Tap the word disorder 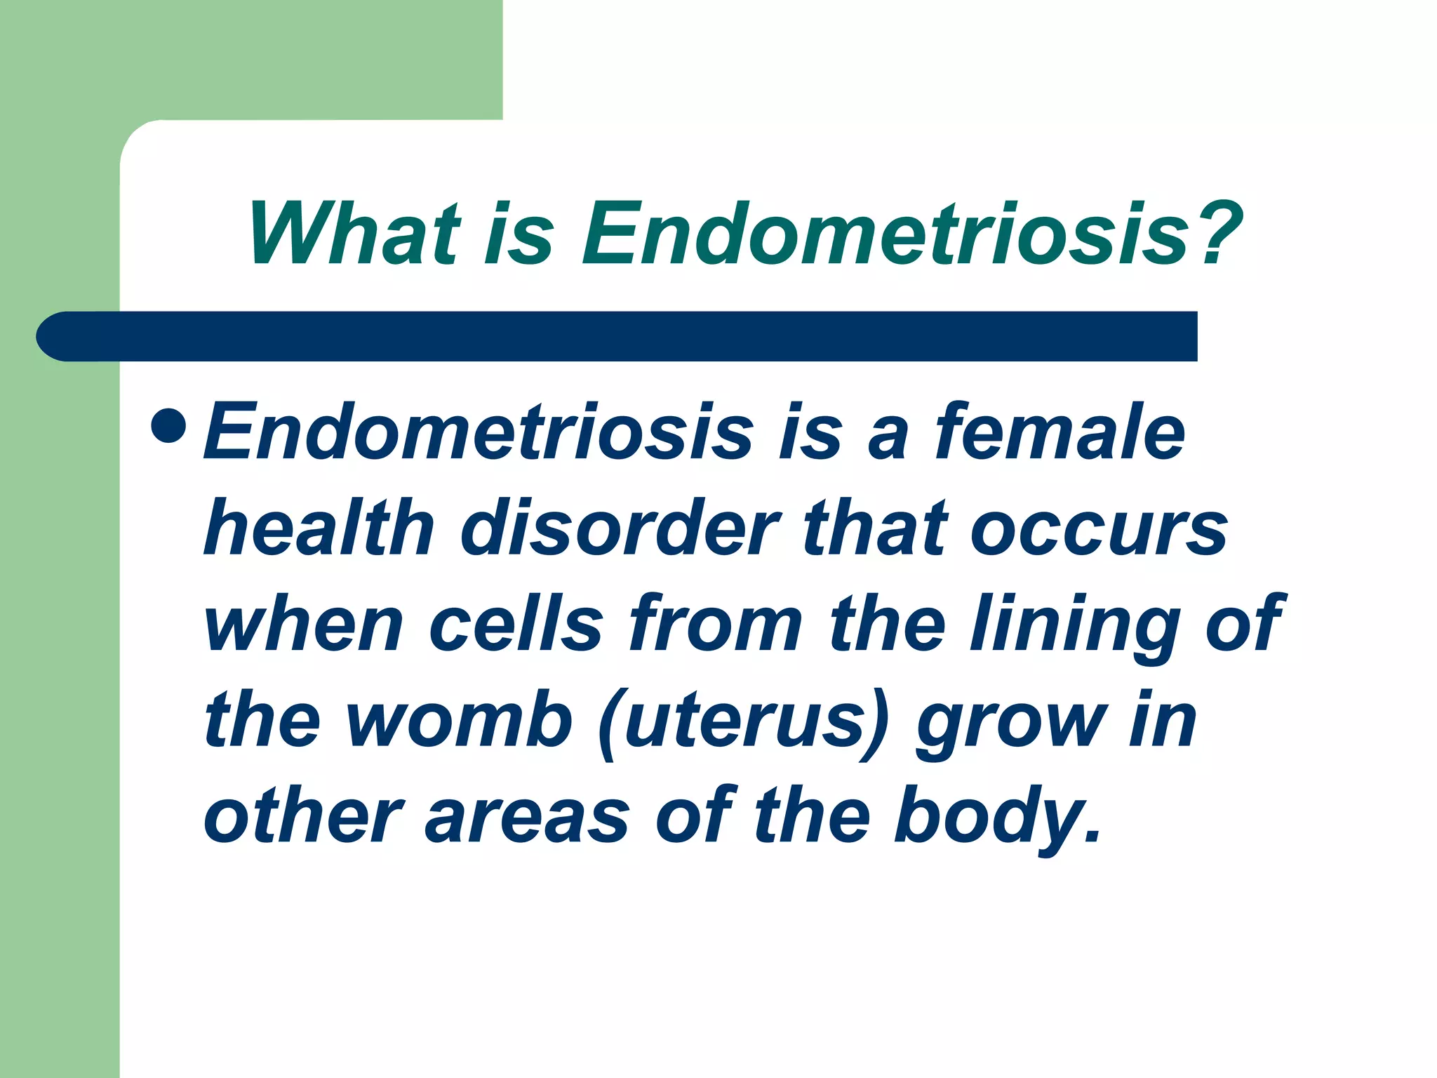pos(620,528)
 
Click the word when pos(304,623)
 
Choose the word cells pos(516,623)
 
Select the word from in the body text pos(716,623)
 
